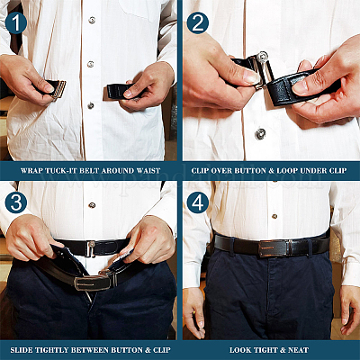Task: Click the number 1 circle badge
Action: (x=16, y=22)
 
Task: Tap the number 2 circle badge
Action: (x=198, y=22)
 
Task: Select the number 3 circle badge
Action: (x=16, y=202)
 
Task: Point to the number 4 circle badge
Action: (x=198, y=202)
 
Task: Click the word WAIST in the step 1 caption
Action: (x=148, y=171)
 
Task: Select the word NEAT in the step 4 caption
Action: (x=298, y=350)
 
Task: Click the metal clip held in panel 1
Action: (x=59, y=89)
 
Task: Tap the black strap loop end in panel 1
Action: (x=119, y=91)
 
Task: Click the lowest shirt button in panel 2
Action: (x=260, y=134)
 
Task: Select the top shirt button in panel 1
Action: (x=92, y=21)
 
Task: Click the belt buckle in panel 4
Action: (x=274, y=248)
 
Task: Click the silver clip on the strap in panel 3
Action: (x=91, y=248)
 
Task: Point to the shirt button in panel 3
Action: (x=92, y=205)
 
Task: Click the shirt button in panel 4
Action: (x=274, y=216)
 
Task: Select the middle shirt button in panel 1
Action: (x=91, y=64)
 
